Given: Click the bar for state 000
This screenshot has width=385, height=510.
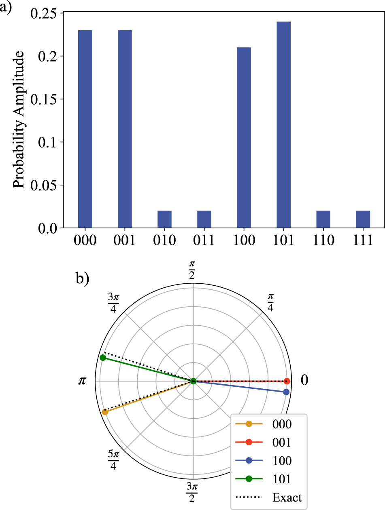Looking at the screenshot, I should (85, 129).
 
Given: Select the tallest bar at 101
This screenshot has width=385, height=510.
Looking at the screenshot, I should (284, 125).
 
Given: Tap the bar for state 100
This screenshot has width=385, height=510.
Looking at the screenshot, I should (244, 138).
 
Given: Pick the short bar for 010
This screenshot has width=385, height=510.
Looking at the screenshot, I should (164, 219).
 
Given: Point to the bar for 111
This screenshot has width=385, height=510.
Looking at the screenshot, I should (363, 219).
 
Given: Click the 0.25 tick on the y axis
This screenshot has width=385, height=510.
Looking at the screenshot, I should (44, 13).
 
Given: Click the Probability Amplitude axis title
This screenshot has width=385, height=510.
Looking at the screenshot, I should (19, 121).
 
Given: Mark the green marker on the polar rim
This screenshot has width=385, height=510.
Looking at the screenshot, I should (103, 358).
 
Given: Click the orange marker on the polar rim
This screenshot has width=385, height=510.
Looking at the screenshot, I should (105, 412).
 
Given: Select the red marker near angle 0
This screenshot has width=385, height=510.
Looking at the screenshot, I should (287, 381).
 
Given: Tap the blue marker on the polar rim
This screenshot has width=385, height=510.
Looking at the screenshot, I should (286, 392).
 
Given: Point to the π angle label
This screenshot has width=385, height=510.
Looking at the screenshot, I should (82, 381).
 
